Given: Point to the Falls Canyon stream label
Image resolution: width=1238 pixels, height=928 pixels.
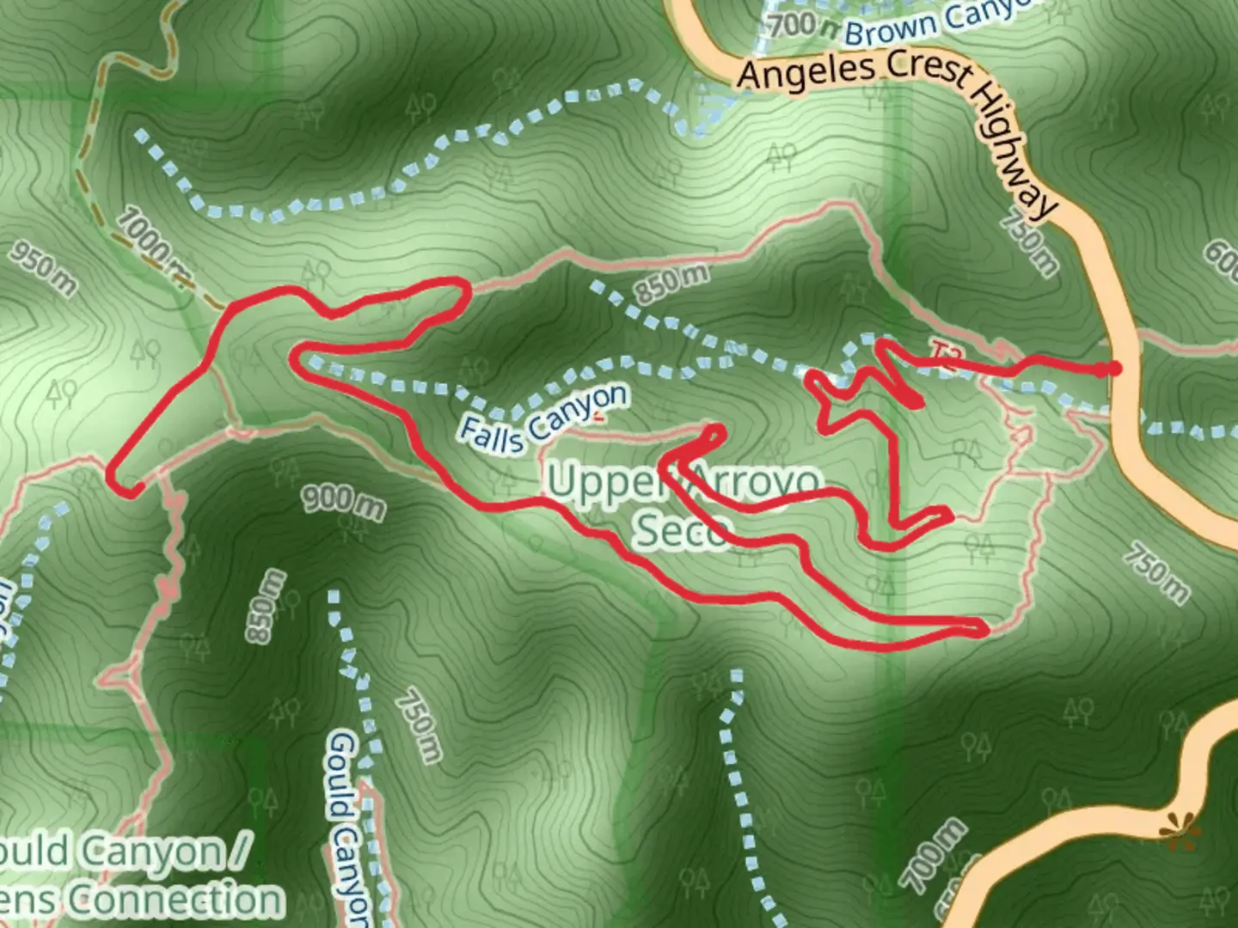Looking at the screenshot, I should point(543,418).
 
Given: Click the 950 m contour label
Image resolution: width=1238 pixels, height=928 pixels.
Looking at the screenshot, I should point(43,268).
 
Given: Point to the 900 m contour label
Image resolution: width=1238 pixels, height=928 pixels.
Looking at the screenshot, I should point(343,503).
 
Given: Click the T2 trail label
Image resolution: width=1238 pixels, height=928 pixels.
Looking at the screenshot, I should point(944,355).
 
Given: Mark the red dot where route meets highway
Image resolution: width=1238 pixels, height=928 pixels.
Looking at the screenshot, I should point(1114,369).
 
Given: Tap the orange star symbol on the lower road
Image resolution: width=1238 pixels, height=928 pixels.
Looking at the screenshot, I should point(1177,830).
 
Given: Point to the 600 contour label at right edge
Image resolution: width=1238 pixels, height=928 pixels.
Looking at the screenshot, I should point(1221,258).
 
